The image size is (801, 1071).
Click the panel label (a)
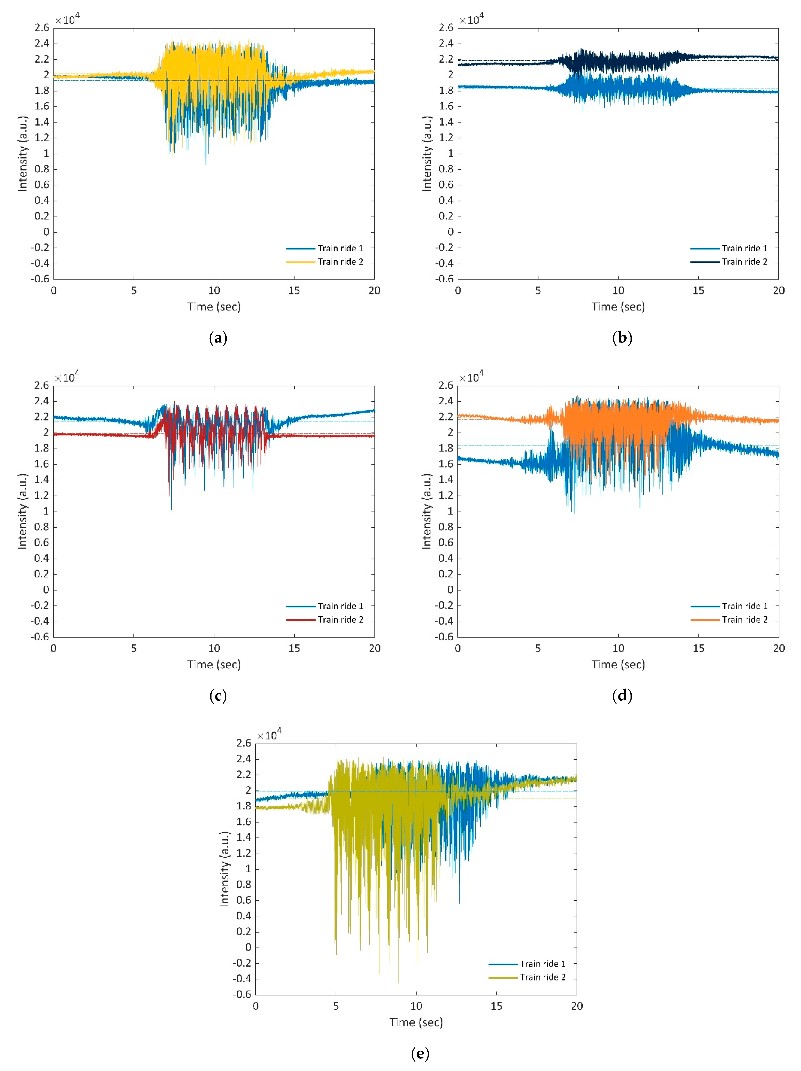pos(218,338)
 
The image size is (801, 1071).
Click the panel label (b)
pos(622,338)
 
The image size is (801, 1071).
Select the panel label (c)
pos(218,696)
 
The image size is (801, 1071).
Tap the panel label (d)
pos(622,696)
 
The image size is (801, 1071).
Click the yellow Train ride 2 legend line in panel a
pos(301,262)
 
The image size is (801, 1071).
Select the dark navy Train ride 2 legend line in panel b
pos(705,262)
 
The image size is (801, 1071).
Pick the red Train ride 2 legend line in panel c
pos(301,620)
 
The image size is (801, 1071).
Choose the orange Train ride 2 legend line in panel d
pos(705,620)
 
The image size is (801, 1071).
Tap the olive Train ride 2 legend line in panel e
pos(503,978)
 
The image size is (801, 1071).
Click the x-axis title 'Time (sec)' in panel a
pos(214,307)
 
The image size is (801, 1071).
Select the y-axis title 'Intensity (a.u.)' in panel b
pos(426,153)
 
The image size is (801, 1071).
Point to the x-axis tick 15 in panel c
pos(294,648)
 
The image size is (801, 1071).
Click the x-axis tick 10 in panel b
pos(618,291)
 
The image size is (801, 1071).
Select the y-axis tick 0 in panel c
pos(46,590)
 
